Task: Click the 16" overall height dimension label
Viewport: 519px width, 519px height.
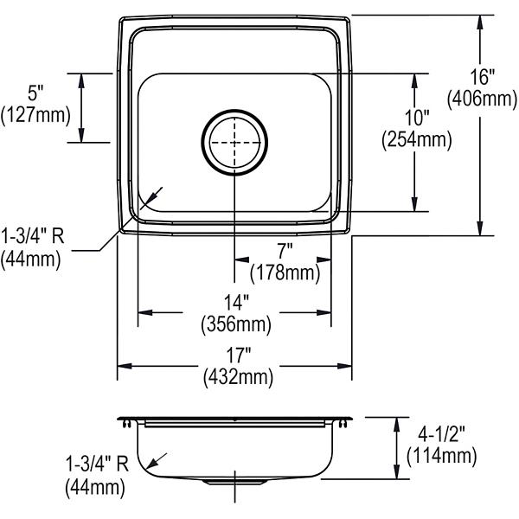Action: point(483,77)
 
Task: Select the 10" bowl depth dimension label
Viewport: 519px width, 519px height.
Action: point(417,119)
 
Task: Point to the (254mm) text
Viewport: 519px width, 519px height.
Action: point(417,140)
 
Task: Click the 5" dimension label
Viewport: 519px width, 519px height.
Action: point(35,93)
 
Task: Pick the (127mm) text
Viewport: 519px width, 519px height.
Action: point(35,115)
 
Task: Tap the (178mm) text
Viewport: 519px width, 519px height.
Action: point(285,273)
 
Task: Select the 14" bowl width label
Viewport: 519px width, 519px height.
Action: point(236,303)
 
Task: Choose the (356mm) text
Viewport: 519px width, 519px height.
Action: point(236,324)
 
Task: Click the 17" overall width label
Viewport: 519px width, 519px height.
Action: point(239,356)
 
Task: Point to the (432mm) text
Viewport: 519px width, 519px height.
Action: point(239,377)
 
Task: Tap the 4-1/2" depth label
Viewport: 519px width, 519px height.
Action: point(441,434)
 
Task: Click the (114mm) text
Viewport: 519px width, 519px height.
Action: point(441,456)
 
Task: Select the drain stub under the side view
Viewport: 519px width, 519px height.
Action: point(235,482)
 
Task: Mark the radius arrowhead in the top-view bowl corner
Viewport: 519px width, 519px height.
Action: point(149,200)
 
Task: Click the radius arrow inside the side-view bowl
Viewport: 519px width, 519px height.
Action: point(157,461)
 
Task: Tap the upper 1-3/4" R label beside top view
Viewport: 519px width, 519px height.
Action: point(33,237)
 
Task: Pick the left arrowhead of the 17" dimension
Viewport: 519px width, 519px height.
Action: point(125,366)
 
